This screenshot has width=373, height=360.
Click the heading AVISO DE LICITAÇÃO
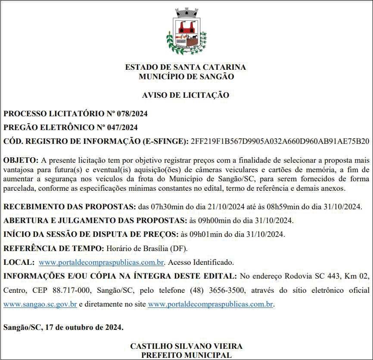[x=186, y=95]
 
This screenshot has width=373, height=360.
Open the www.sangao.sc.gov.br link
[x=40, y=304]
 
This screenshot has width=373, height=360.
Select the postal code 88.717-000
[x=70, y=290]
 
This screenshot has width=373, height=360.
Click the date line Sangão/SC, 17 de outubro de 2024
[x=63, y=327]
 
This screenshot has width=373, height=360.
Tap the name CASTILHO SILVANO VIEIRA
[x=186, y=346]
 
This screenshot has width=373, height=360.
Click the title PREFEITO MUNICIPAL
[x=186, y=355]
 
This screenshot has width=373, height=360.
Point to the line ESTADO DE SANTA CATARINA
[x=186, y=67]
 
